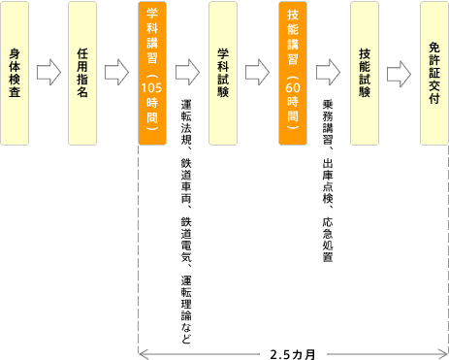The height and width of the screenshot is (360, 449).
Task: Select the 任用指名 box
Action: tap(83, 73)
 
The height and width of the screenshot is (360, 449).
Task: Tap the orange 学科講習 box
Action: tap(153, 73)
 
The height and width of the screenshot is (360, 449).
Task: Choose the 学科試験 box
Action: tap(223, 73)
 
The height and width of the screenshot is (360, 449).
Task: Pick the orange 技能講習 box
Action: tap(293, 73)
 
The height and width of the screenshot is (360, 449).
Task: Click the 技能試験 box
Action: tap(364, 73)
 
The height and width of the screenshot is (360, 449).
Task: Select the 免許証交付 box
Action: tap(433, 73)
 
